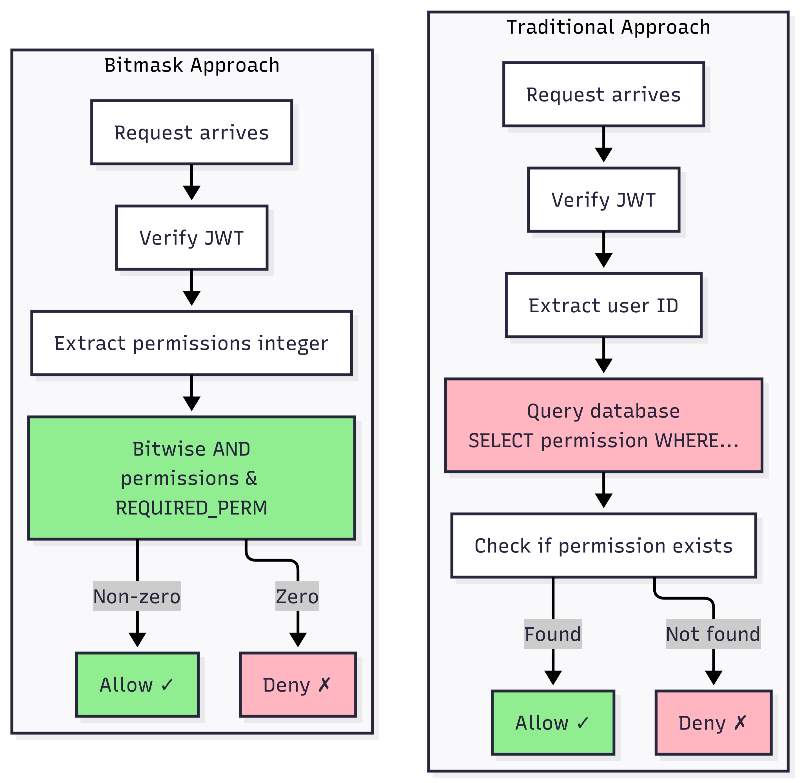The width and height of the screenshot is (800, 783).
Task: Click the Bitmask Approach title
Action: (191, 65)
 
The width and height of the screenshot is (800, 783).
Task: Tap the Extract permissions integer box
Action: (191, 343)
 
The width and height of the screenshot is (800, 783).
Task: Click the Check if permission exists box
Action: (603, 546)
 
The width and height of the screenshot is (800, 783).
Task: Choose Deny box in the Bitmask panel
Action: (298, 685)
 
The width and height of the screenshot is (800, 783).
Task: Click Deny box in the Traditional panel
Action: (713, 723)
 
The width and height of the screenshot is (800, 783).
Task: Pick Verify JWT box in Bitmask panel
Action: (191, 238)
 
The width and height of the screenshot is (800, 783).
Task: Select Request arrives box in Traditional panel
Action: (603, 95)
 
